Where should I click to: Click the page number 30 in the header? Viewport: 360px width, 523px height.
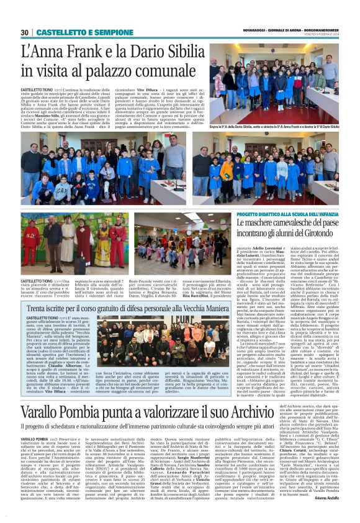coord(24,32)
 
